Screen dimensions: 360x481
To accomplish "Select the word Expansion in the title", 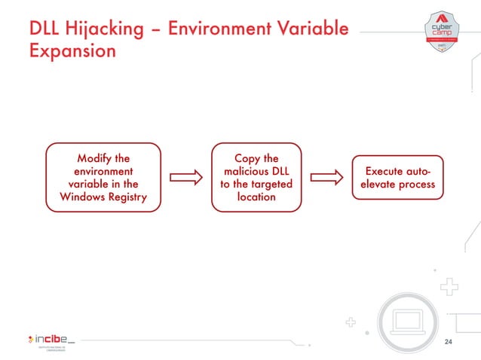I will click(x=72, y=53).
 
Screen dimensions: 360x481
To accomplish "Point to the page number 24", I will click(x=449, y=343).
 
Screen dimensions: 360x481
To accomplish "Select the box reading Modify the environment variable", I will click(x=103, y=178).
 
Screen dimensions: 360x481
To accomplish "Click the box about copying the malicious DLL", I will click(x=256, y=178).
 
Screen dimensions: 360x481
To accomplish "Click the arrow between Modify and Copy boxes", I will click(x=186, y=178).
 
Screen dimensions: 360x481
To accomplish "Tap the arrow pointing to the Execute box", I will click(x=327, y=178).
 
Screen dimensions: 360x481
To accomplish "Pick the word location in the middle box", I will click(x=256, y=197).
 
